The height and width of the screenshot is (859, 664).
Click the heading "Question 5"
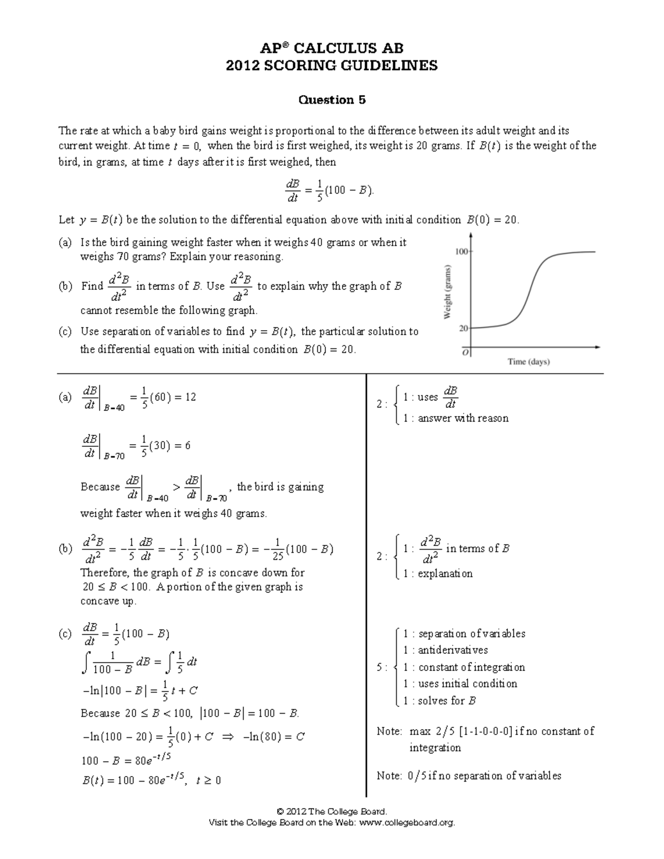click(332, 100)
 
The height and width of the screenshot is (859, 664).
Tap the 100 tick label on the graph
click(461, 252)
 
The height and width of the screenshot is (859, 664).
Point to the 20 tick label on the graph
click(464, 328)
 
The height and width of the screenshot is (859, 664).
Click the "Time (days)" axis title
click(528, 362)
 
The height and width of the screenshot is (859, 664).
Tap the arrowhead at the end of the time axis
click(598, 347)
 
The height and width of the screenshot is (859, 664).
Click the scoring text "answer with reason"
click(463, 419)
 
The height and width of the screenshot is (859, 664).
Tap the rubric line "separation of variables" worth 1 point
click(471, 634)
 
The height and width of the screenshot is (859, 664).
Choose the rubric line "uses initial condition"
click(468, 684)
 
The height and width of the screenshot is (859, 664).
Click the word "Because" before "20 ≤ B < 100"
click(100, 714)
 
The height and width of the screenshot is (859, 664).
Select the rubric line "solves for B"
click(447, 701)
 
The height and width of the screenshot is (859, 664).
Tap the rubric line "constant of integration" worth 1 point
click(471, 667)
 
